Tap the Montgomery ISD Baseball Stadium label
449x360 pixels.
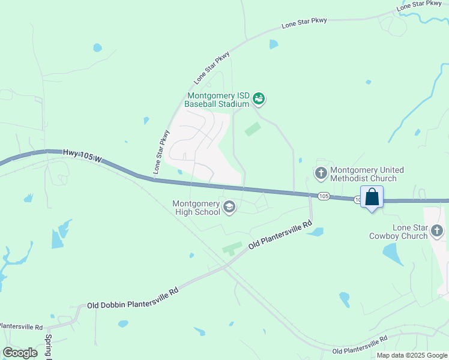[x=217, y=100]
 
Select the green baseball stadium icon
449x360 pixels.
[x=259, y=98]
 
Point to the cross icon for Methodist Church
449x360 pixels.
[x=321, y=173]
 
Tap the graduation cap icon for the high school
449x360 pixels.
[x=229, y=208]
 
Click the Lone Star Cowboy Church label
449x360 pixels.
[x=402, y=232]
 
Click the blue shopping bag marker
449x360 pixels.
[x=372, y=197]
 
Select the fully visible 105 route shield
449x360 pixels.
[x=324, y=196]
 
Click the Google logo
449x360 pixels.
[x=20, y=353]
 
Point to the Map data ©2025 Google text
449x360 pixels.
[x=412, y=355]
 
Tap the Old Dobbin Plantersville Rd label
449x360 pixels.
[x=133, y=298]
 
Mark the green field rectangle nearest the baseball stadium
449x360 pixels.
[x=253, y=129]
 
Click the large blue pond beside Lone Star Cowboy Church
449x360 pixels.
[x=394, y=255]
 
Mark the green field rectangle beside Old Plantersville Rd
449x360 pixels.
[x=232, y=248]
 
